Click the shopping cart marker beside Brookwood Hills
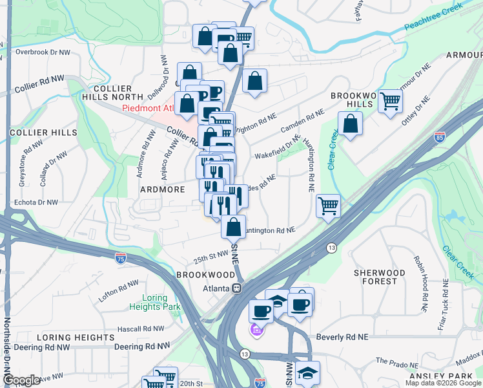click(390, 102)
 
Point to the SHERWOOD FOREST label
click(379, 277)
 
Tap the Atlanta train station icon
click(238, 288)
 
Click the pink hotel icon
click(256, 331)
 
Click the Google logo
click(21, 380)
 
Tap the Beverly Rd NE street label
click(342, 338)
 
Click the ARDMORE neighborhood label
click(163, 189)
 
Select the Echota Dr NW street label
click(36, 202)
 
